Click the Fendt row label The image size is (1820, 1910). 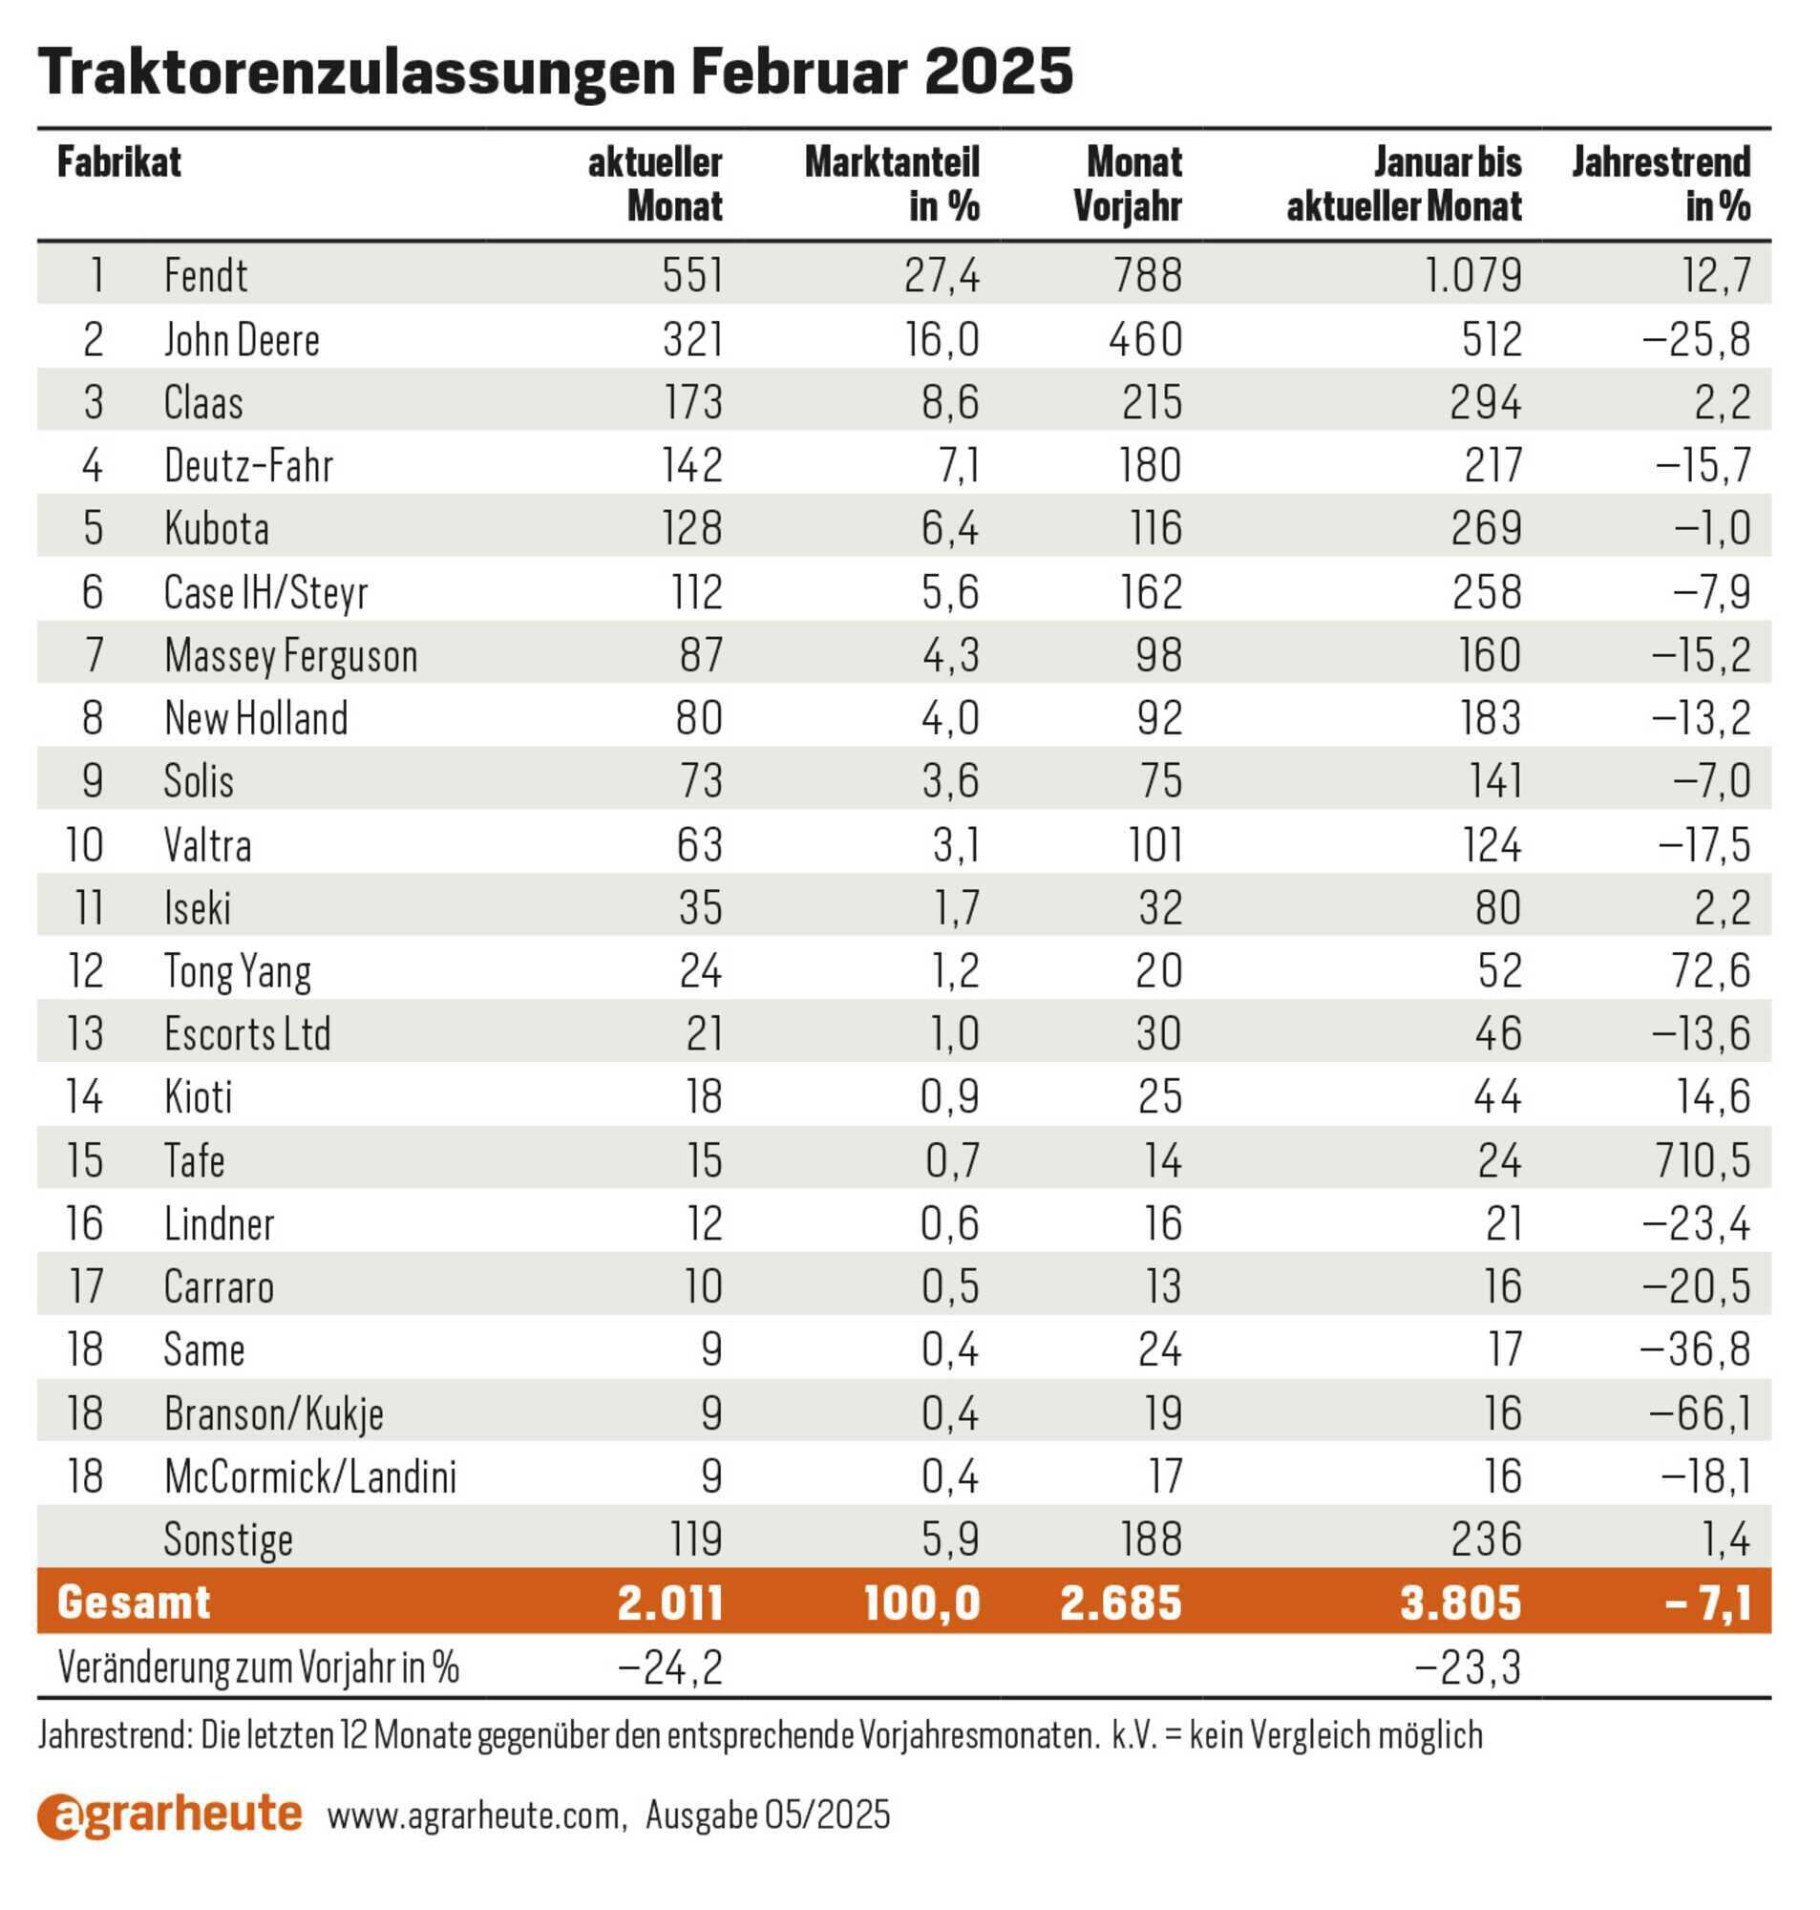(205, 274)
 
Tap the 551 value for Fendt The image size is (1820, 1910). (692, 274)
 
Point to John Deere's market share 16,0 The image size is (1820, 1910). (942, 338)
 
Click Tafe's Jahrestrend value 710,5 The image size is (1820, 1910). (1703, 1159)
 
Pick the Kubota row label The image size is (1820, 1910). (217, 528)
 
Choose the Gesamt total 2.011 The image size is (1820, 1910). (670, 1602)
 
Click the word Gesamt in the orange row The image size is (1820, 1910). (134, 1602)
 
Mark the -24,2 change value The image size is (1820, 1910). (670, 1667)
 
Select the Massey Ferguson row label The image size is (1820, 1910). (291, 655)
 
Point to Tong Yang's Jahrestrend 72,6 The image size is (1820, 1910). (1710, 970)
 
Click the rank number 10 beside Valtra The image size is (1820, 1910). (84, 844)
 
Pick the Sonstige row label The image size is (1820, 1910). (228, 1539)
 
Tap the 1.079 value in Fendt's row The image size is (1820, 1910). (1472, 274)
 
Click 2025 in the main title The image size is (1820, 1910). (998, 71)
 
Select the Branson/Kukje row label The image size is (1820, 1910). (274, 1413)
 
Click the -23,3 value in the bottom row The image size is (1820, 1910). (1469, 1667)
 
